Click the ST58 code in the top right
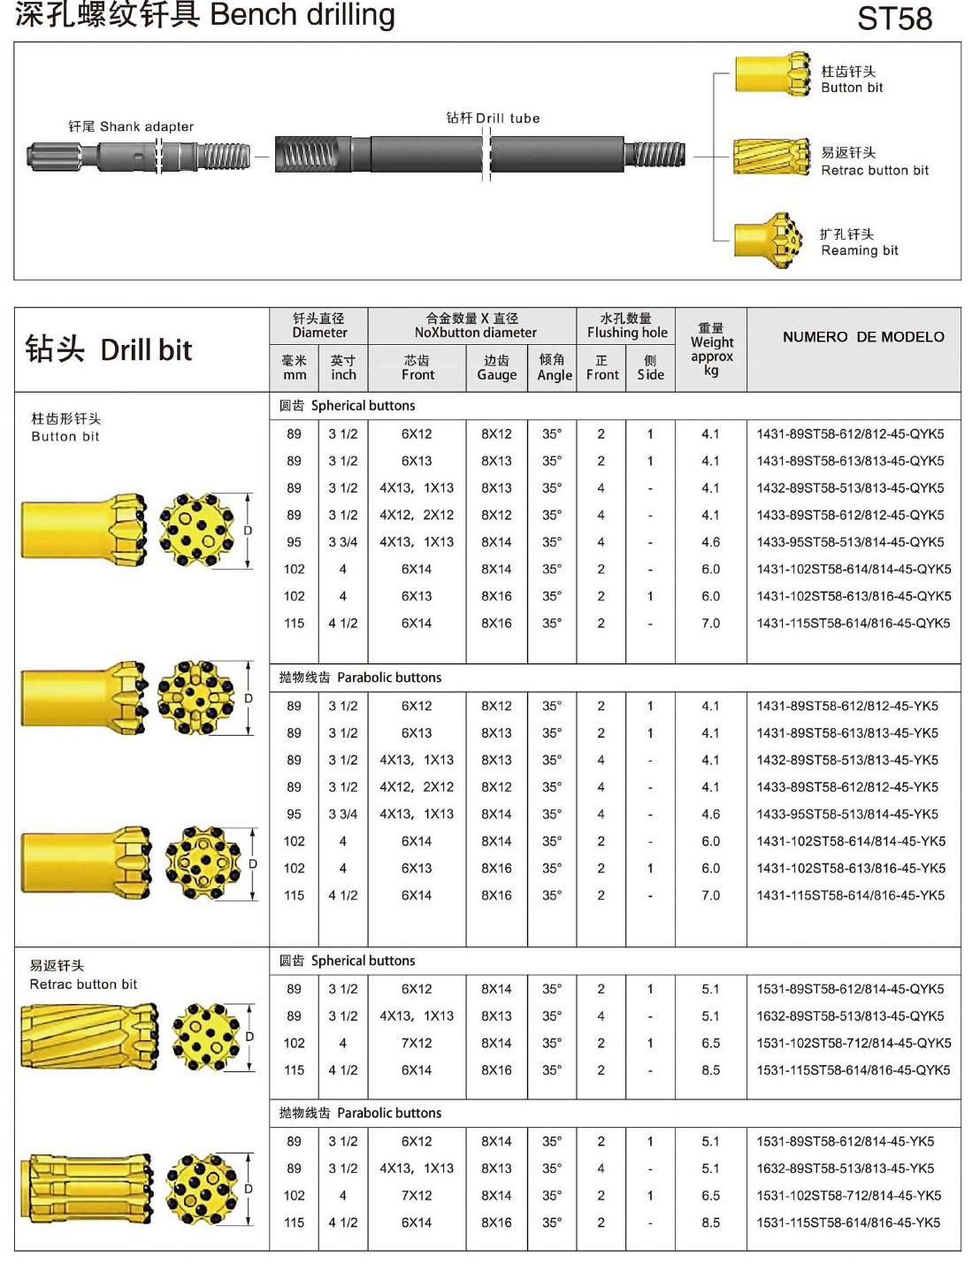894,19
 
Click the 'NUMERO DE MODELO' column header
862,337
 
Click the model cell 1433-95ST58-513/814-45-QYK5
849,542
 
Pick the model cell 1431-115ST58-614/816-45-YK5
849,895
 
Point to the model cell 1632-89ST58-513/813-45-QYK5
849,1016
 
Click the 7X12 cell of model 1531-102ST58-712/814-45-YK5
417,1195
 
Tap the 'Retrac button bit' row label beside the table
83,985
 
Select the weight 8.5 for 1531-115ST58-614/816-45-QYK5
710,1070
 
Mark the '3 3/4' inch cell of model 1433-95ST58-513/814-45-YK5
343,814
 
